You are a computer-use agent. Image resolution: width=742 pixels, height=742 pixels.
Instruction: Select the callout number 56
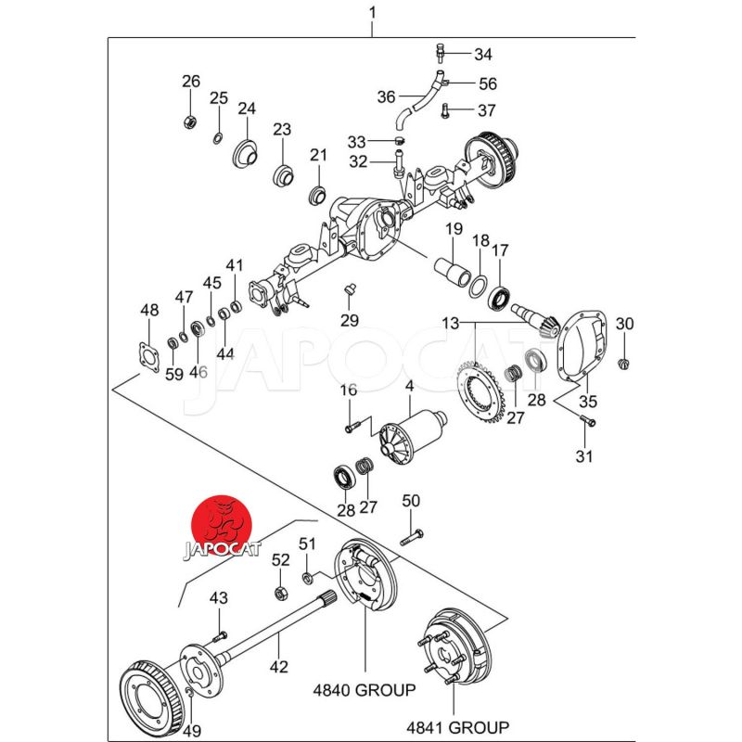(487, 83)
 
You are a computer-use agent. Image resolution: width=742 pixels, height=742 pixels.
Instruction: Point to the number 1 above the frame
(372, 13)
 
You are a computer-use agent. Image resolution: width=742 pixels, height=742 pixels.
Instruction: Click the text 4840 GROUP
(364, 690)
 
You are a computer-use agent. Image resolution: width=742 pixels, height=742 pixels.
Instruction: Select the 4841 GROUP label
(456, 726)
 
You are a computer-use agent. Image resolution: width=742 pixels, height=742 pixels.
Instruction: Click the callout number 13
(450, 324)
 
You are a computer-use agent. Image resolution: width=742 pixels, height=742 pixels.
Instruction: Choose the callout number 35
(588, 402)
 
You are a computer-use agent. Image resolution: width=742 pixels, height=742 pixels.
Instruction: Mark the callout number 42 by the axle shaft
(278, 667)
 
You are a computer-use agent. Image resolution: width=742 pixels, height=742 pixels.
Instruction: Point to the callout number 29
(349, 320)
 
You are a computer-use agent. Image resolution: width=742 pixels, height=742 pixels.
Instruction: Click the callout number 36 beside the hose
(386, 96)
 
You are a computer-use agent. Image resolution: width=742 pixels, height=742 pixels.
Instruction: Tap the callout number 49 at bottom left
(191, 732)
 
